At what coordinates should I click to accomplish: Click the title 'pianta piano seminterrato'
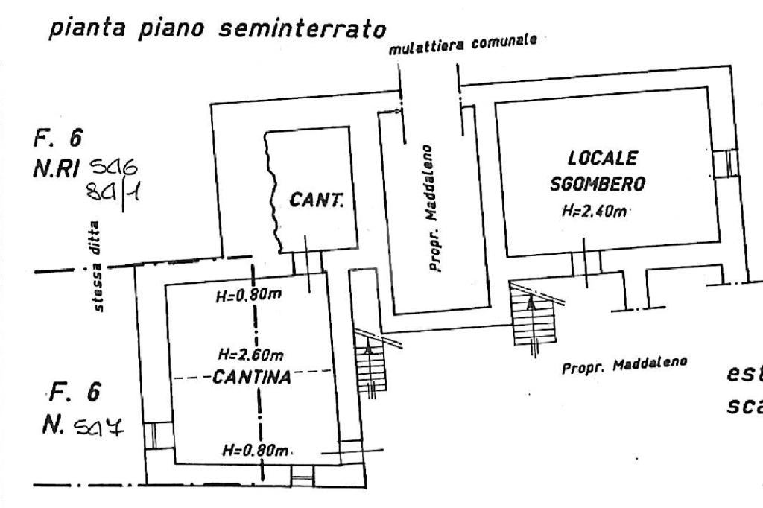(219, 30)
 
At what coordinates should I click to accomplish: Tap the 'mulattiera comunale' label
(463, 45)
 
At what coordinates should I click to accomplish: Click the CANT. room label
(316, 201)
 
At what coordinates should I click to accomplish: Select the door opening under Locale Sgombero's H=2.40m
(586, 263)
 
